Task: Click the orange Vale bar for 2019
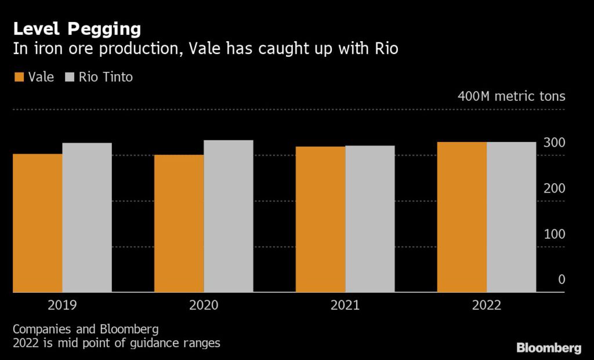[x=38, y=223]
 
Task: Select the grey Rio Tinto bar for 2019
[x=87, y=217]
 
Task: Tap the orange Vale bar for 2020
[x=179, y=223]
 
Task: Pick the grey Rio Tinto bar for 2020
[x=229, y=216]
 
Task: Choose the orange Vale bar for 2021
[x=320, y=219]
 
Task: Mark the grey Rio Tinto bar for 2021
[x=370, y=219]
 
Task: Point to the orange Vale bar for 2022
[x=462, y=217]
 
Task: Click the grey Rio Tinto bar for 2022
[x=512, y=217]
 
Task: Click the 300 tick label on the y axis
[x=554, y=143]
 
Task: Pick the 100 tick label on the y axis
[x=554, y=234]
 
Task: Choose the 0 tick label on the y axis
[x=561, y=279]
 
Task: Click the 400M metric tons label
[x=511, y=96]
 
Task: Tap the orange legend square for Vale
[x=19, y=77]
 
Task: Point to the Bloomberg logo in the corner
[x=548, y=348]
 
